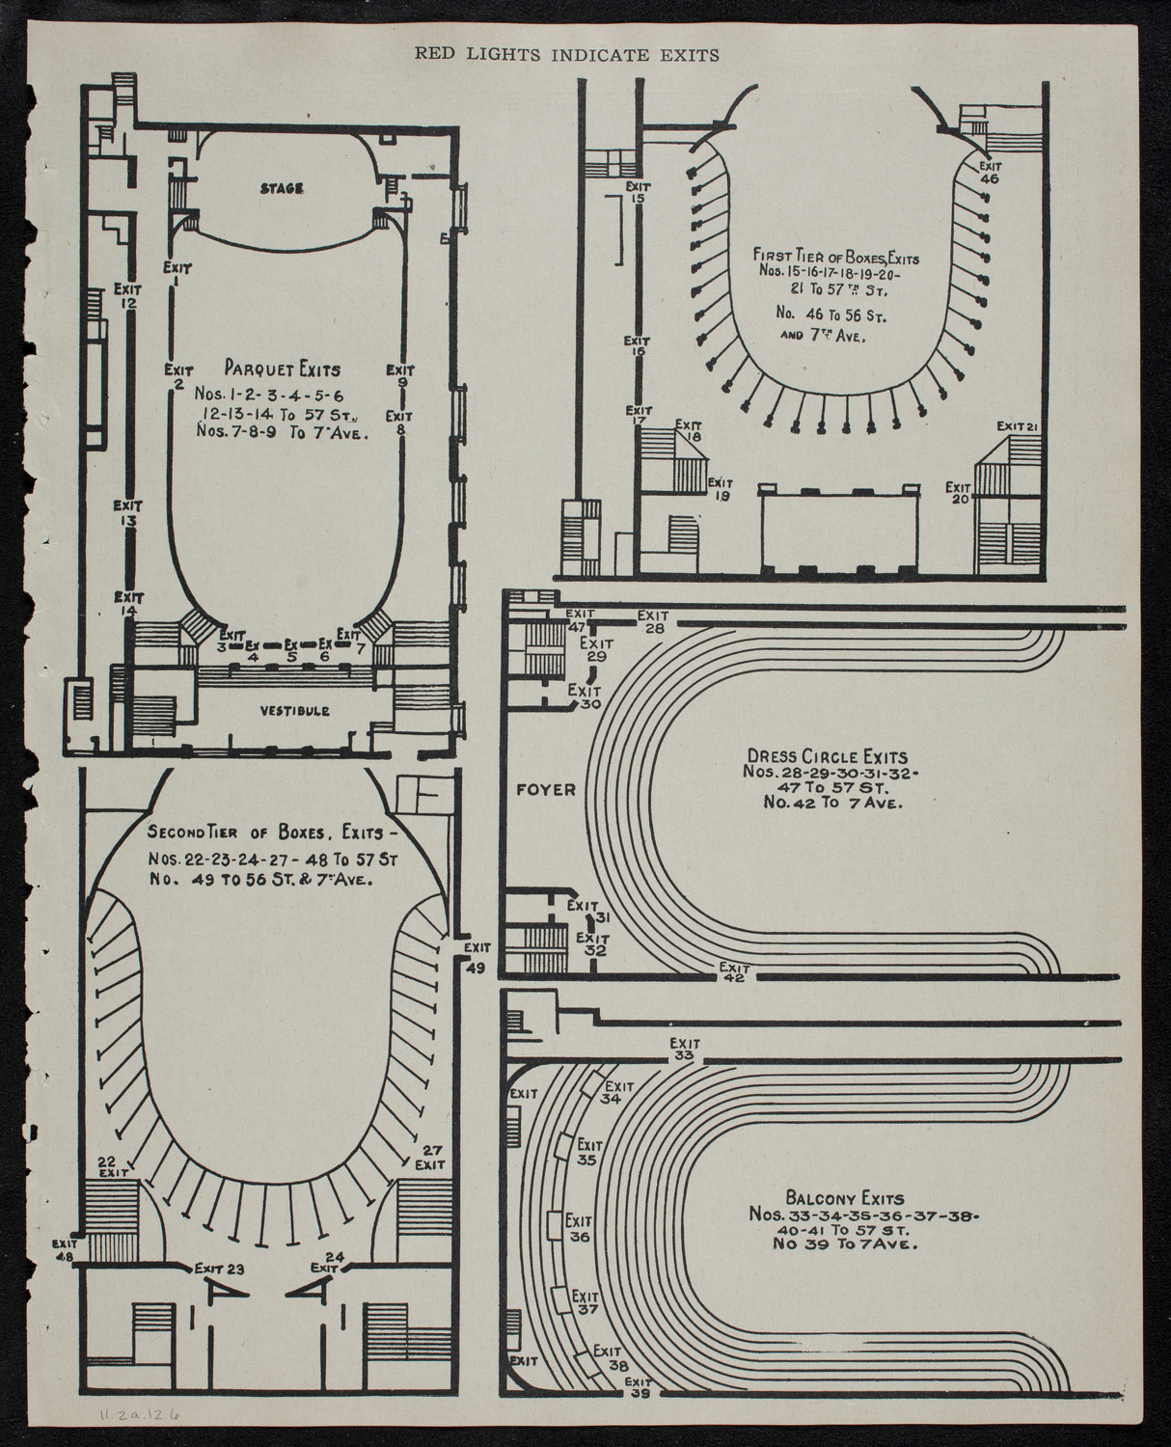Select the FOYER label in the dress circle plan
[x=545, y=789]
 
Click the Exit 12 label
[x=127, y=295]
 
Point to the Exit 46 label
[x=990, y=171]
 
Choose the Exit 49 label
[x=476, y=959]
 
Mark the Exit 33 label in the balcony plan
[x=684, y=1050]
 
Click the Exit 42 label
[x=734, y=972]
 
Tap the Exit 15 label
[x=636, y=193]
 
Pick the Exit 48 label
[x=65, y=1250]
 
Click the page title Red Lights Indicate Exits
[x=567, y=55]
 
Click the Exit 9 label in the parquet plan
[x=400, y=375]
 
